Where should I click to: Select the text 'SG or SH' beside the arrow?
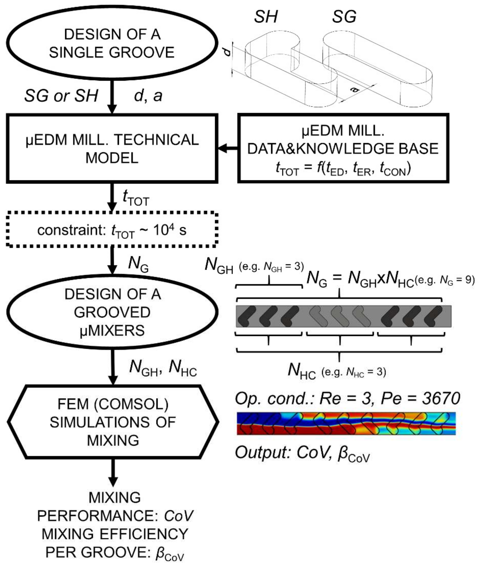61,96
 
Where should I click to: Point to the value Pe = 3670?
420,398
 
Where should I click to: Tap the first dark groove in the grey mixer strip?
246,316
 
